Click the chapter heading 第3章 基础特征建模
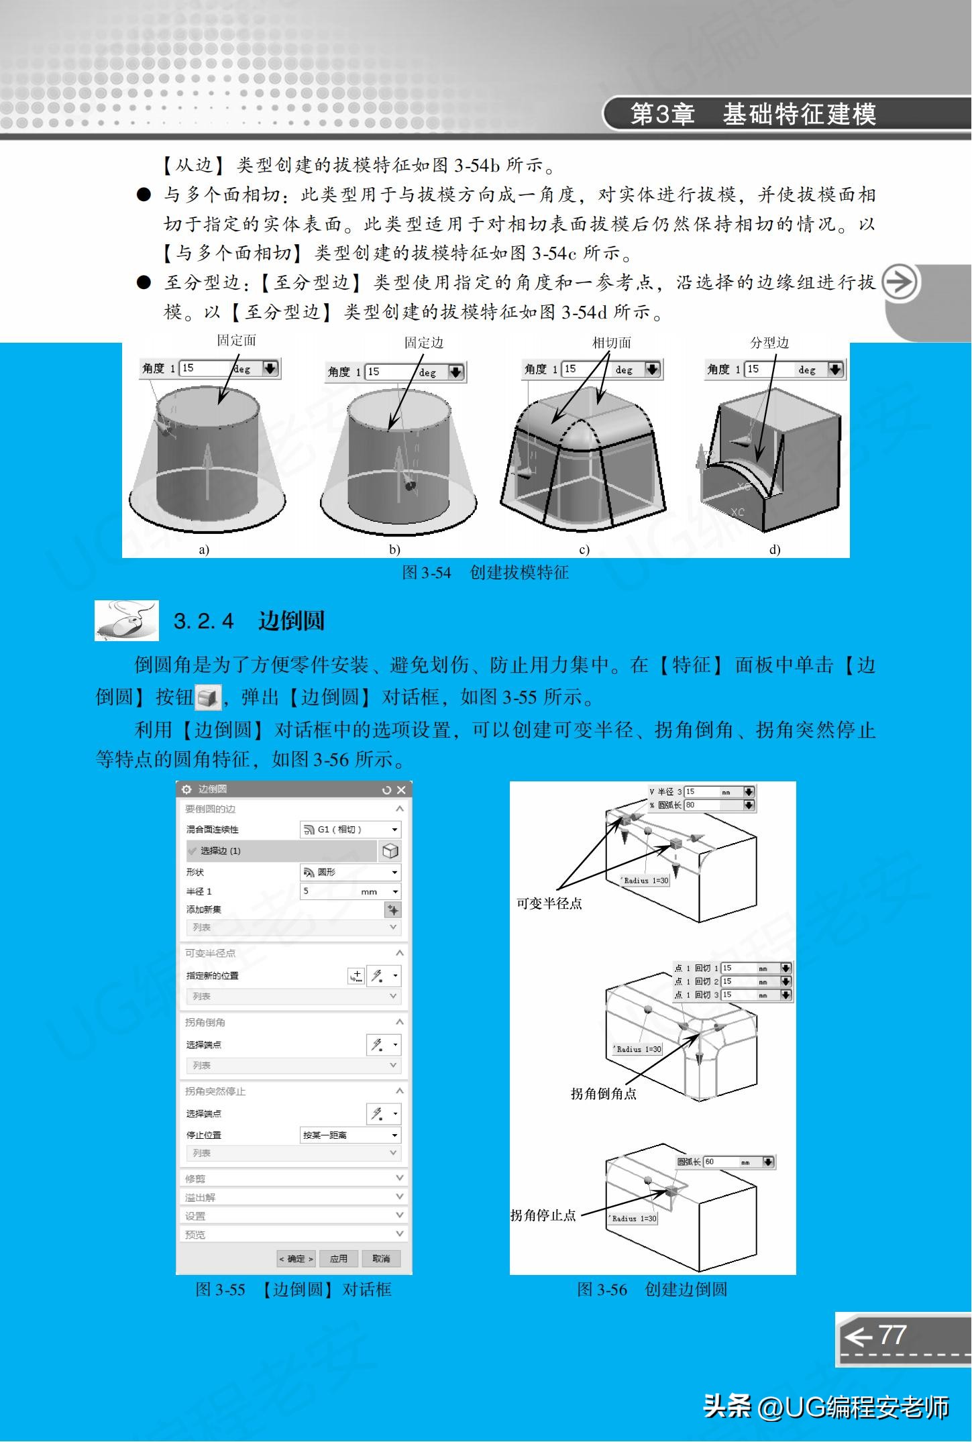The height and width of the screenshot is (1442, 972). click(753, 114)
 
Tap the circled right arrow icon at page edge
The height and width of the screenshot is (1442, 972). click(899, 282)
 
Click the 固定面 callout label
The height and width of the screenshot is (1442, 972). click(236, 341)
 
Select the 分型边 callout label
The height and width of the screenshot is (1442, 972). click(769, 343)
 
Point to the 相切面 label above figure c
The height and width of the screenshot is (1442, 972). click(611, 343)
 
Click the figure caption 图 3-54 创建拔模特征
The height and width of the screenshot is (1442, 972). click(485, 572)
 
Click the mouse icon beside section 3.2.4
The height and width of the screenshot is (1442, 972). click(127, 620)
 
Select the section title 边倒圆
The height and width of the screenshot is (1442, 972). click(291, 620)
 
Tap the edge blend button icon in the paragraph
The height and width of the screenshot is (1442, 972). click(207, 698)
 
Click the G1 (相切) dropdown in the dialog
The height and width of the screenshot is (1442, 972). click(350, 829)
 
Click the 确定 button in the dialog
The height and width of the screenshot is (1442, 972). click(296, 1258)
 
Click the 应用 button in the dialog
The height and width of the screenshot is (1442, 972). click(339, 1258)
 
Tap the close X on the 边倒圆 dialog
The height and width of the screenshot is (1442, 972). click(401, 790)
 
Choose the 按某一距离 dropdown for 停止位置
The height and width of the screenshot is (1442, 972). click(350, 1135)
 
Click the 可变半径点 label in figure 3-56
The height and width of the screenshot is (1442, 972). click(549, 903)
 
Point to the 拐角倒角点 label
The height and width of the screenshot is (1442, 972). click(603, 1093)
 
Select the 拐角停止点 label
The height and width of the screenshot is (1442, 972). click(543, 1215)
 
